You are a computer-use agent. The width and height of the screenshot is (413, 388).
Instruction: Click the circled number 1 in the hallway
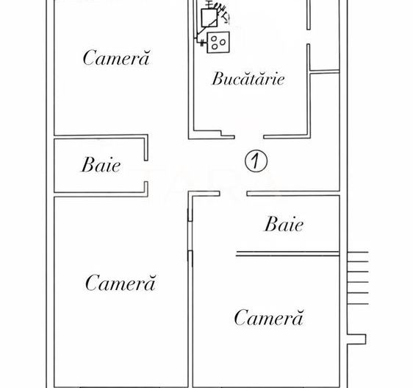(x=256, y=160)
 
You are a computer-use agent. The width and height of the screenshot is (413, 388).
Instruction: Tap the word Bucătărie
(x=248, y=78)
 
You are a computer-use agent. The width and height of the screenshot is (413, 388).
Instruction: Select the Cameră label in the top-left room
(x=116, y=57)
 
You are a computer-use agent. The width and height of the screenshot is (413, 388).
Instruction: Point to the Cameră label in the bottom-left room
(x=121, y=282)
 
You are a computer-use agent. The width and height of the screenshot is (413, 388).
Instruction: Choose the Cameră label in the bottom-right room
(x=269, y=317)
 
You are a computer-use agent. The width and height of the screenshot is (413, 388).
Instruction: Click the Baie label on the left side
(x=101, y=164)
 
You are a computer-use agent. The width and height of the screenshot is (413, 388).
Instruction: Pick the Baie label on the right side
(x=284, y=224)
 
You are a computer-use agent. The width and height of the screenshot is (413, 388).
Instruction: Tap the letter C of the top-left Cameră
(x=90, y=57)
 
